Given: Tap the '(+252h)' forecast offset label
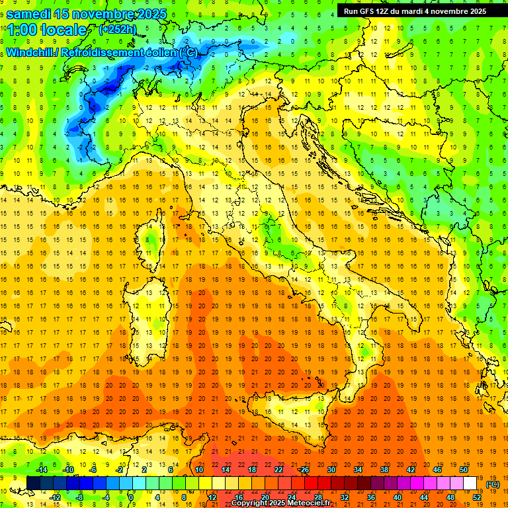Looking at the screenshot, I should tap(117, 29).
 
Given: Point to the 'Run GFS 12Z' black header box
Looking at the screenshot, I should tap(415, 11).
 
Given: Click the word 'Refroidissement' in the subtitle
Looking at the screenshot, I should tap(102, 52).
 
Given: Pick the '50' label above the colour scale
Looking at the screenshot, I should tap(463, 469).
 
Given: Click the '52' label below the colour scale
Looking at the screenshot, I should tap(477, 497).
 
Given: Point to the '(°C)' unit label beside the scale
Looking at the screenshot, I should tap(493, 484).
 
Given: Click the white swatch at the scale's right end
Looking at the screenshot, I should tap(470, 483).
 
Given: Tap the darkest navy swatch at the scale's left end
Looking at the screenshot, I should tap(33, 483).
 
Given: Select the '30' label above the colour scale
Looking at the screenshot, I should tap(331, 469).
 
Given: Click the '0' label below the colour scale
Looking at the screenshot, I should tap(131, 497).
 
